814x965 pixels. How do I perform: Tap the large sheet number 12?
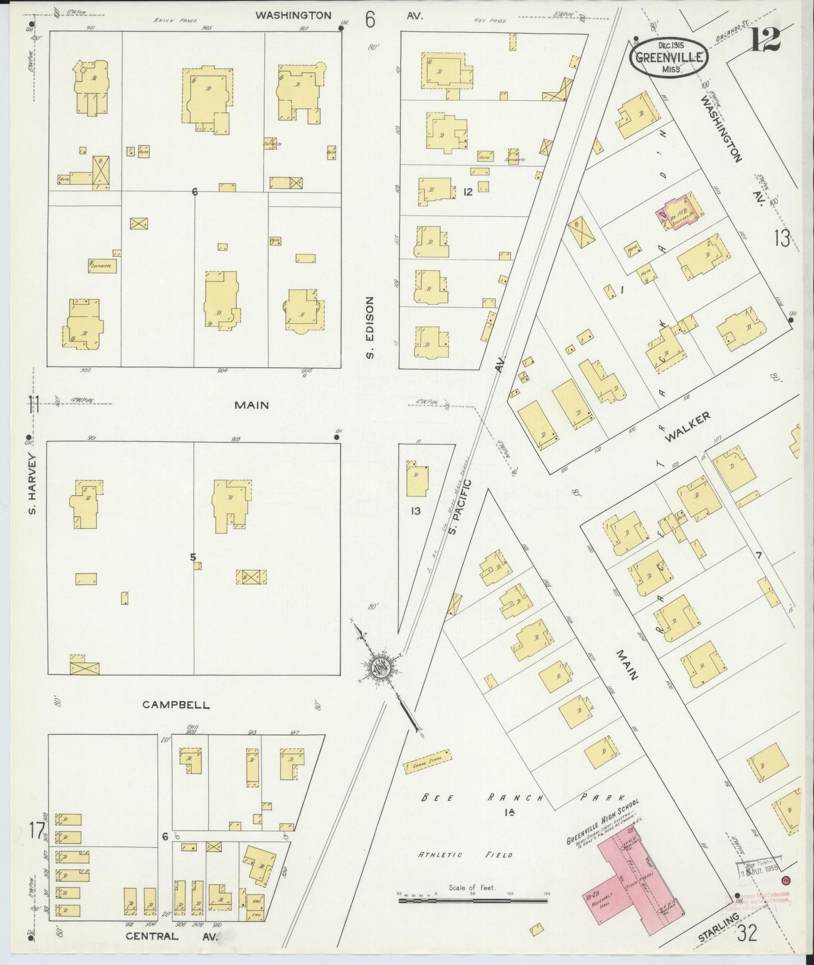(x=766, y=40)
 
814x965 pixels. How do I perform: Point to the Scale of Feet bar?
(x=473, y=901)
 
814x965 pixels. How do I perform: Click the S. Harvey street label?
(x=33, y=484)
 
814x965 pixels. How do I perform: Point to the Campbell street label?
(x=176, y=704)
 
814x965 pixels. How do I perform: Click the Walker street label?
(x=687, y=427)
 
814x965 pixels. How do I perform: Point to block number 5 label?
(x=193, y=557)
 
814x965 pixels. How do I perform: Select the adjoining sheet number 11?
(x=34, y=405)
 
